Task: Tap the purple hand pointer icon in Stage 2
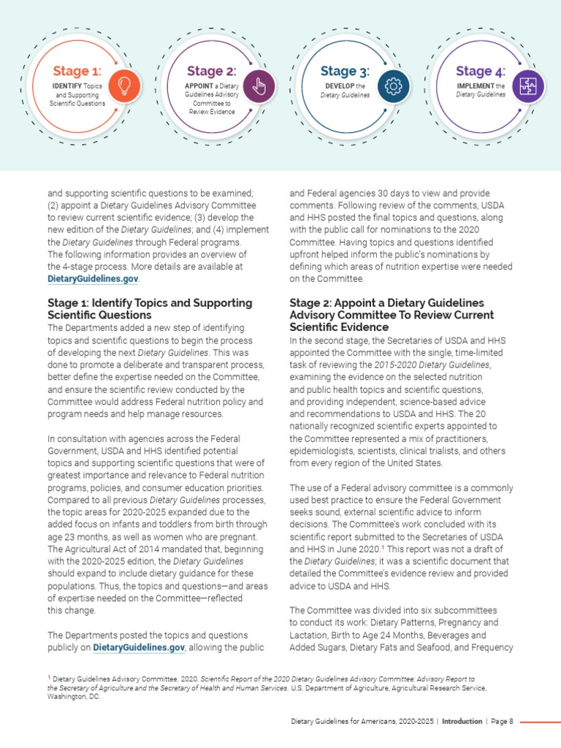(x=259, y=87)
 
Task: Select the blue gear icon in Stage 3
(x=393, y=87)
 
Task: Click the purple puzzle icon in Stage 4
(x=527, y=87)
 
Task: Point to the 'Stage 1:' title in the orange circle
(x=76, y=71)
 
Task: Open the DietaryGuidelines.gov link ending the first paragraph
(x=92, y=278)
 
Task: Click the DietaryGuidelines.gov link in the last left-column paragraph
(x=137, y=647)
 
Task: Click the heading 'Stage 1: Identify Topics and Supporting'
(x=150, y=302)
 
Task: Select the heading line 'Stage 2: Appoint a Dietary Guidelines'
(x=386, y=302)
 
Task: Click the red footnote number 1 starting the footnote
(x=48, y=679)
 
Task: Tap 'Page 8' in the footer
(x=502, y=721)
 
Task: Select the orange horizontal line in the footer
(x=540, y=721)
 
